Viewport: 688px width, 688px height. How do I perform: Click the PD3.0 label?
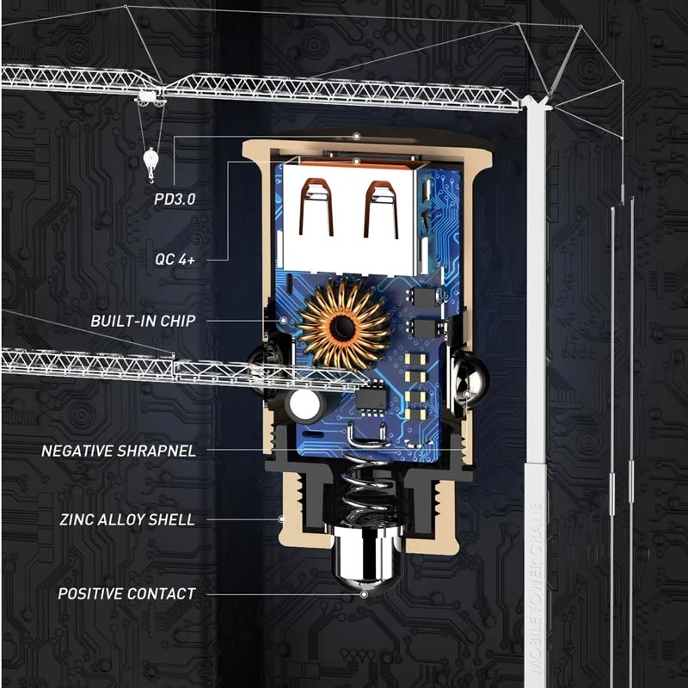click(x=176, y=198)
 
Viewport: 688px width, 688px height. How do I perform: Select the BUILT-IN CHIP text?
click(x=144, y=322)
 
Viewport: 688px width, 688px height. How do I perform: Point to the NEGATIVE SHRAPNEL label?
click(x=119, y=451)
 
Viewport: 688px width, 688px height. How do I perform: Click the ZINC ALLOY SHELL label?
click(x=127, y=519)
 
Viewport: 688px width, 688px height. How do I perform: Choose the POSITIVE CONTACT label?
click(x=126, y=593)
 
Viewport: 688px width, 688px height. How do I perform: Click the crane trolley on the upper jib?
click(x=148, y=95)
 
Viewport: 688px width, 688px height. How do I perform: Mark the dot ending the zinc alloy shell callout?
click(x=281, y=519)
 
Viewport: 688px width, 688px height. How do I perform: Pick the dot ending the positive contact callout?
click(x=365, y=593)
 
